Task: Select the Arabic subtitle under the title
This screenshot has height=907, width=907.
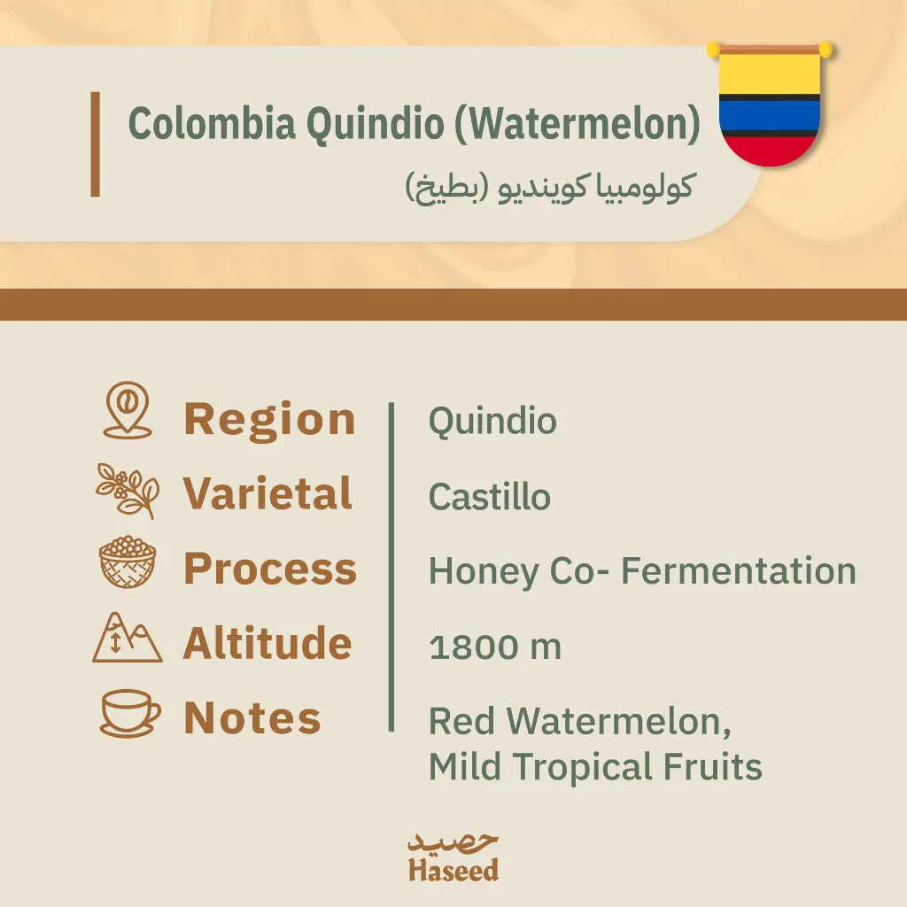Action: point(549,188)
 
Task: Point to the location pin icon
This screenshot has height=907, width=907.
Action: point(128,411)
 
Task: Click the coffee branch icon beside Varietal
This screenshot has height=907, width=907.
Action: point(128,490)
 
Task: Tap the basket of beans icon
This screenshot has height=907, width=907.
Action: point(128,563)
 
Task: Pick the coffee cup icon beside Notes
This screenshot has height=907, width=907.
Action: point(129,713)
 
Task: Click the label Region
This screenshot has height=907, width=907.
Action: point(269,419)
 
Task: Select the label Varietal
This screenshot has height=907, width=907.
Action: point(267,493)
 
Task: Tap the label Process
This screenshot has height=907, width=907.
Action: point(270,569)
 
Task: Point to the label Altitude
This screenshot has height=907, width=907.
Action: point(267,643)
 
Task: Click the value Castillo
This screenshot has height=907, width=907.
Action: point(489,497)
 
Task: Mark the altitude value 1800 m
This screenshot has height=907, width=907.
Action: point(494,647)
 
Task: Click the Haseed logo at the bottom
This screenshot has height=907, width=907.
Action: point(453,857)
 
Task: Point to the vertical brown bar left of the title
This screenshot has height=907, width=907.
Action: point(95,143)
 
